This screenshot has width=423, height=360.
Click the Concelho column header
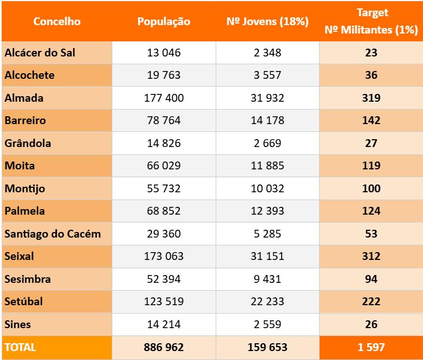[57, 22]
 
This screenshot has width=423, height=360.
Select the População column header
[164, 22]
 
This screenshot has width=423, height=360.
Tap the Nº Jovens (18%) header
[267, 22]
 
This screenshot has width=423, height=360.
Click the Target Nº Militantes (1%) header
[371, 21]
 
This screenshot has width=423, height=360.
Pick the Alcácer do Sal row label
[40, 53]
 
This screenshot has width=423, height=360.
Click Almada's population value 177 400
[164, 98]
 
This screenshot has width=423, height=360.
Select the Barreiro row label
[25, 120]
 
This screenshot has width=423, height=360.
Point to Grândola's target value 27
[371, 143]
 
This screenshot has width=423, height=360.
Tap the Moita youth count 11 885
[267, 165]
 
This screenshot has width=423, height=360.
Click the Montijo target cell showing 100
[371, 188]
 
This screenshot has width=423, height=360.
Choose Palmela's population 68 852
[164, 211]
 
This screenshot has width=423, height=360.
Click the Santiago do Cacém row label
[53, 234]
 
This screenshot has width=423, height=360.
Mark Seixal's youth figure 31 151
[267, 256]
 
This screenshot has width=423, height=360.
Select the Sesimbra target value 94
[371, 279]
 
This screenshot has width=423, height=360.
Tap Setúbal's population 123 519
[164, 301]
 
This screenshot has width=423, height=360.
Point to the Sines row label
[18, 324]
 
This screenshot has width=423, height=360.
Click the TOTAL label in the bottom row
[20, 347]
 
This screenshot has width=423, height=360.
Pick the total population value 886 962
[164, 347]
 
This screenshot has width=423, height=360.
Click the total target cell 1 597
[371, 347]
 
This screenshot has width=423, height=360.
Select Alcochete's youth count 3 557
[267, 75]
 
